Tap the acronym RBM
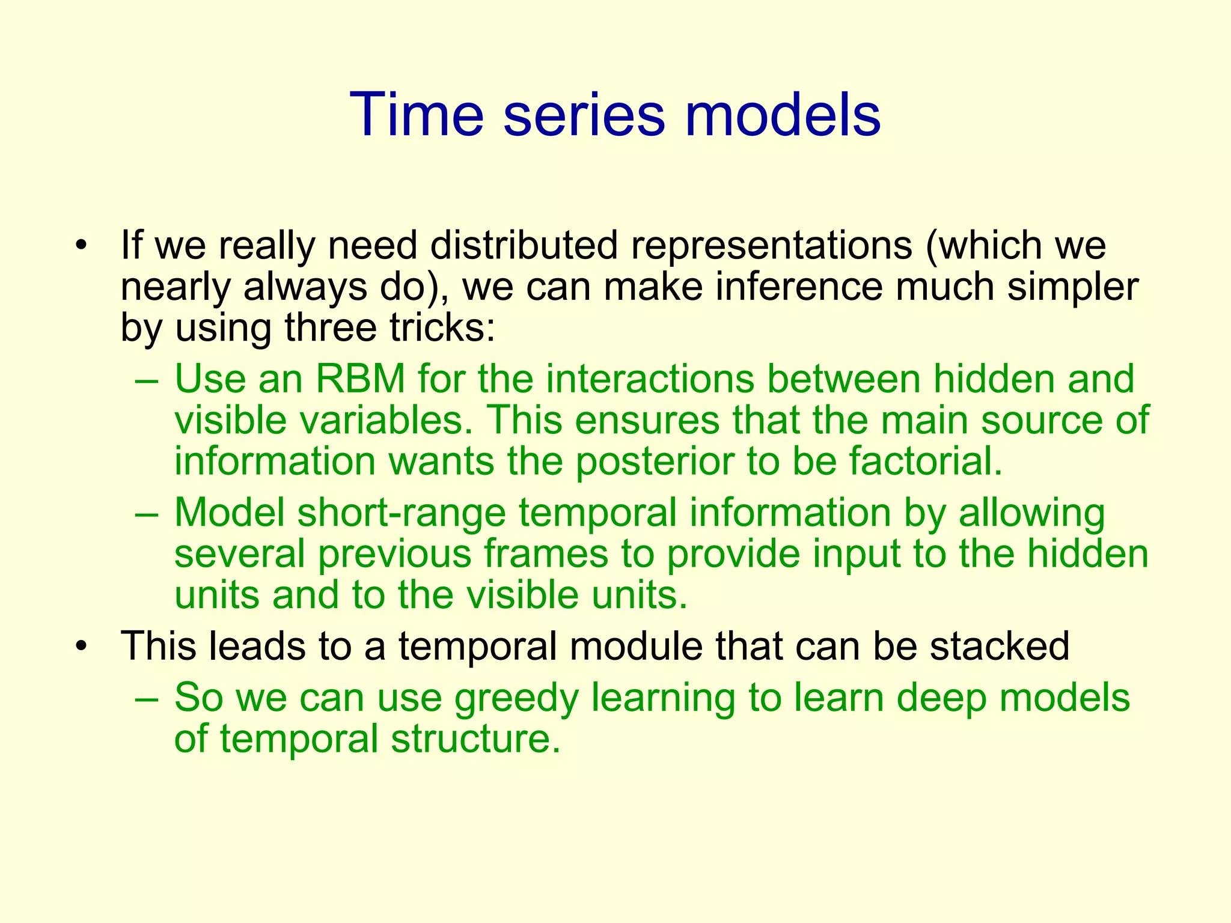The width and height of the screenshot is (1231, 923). pos(361,379)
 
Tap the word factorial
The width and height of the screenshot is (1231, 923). pos(926,461)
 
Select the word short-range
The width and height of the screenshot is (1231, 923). pos(402,513)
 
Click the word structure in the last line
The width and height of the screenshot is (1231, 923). pos(475,739)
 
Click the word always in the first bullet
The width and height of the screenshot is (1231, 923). pos(305,287)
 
